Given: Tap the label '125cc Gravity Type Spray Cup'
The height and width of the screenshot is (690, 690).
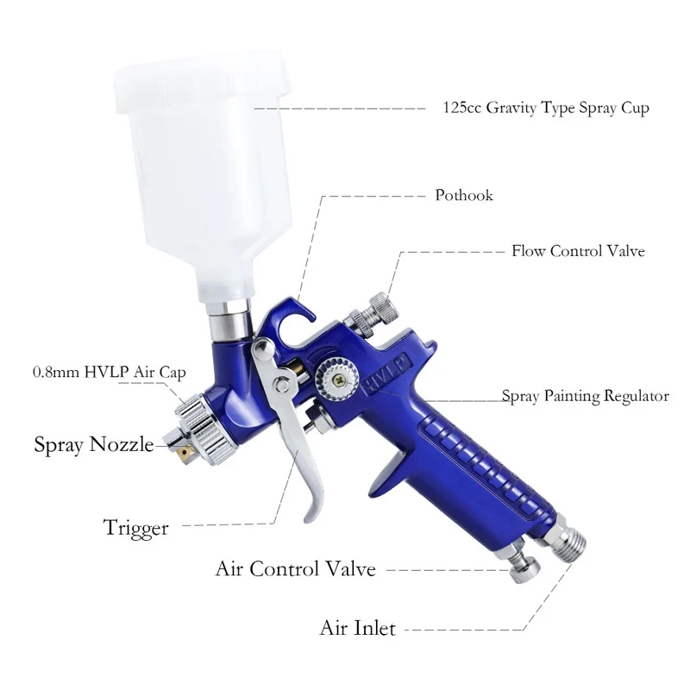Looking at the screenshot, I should pyautogui.click(x=545, y=109).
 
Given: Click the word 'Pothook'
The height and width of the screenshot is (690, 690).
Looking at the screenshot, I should pyautogui.click(x=464, y=195).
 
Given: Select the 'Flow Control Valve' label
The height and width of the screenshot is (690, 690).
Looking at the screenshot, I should pyautogui.click(x=578, y=252).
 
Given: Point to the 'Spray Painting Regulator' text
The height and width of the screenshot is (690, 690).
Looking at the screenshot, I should pyautogui.click(x=586, y=397).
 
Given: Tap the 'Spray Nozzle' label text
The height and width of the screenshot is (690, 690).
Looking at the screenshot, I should pyautogui.click(x=93, y=445).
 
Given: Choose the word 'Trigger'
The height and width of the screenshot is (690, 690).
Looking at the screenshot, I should pyautogui.click(x=135, y=527).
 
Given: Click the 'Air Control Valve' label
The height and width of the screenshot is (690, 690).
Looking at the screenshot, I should pyautogui.click(x=295, y=569).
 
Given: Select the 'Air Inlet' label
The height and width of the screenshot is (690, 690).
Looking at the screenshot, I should pyautogui.click(x=358, y=628).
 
